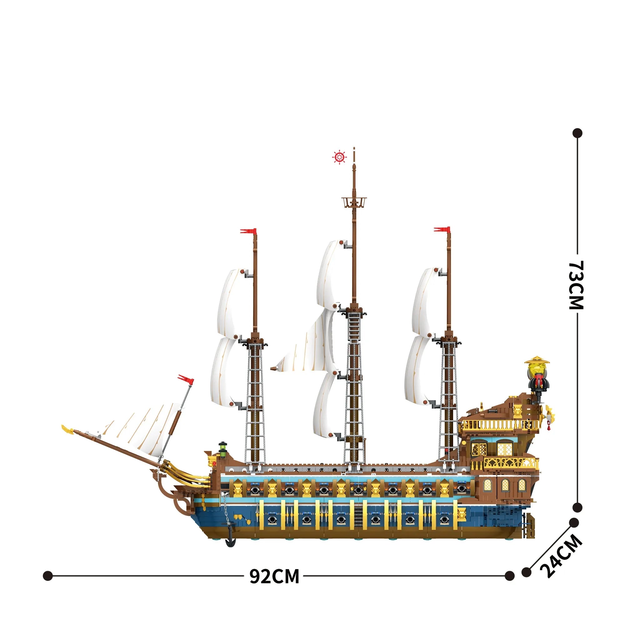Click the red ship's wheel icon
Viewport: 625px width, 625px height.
[x=339, y=157]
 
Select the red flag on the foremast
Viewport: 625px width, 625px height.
[x=248, y=231]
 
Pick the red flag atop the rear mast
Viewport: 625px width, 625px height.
[x=442, y=229]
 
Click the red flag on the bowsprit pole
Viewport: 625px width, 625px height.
[x=186, y=379]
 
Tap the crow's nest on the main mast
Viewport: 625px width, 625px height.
[x=354, y=202]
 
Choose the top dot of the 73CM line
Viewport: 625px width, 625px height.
[x=577, y=133]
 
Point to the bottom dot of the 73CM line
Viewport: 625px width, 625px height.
[x=577, y=507]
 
